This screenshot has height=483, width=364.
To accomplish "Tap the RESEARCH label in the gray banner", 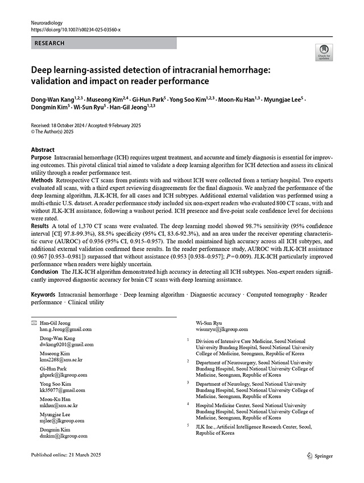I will coord(49,43).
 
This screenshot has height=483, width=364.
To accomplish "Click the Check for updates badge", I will coord(324,52).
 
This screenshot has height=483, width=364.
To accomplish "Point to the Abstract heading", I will coord(43,149).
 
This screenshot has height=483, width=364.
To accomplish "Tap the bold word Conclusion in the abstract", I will coord(44,272).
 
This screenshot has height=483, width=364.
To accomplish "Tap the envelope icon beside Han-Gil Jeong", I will coord(33,323).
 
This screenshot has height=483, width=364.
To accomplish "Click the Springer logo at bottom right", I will coord(320,455).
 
